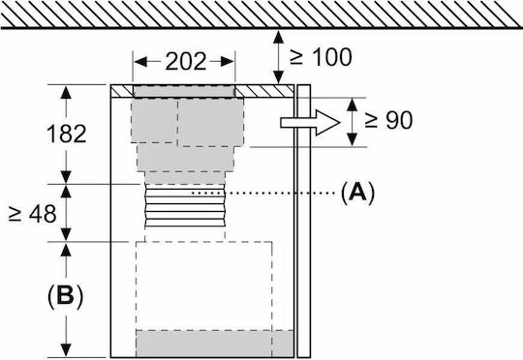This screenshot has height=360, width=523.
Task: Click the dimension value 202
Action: (185, 62)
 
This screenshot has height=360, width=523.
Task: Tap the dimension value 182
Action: (67, 134)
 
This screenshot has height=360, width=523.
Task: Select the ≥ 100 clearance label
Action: (321, 57)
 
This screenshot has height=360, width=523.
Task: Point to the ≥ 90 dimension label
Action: (388, 120)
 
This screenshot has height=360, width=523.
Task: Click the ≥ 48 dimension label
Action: (33, 214)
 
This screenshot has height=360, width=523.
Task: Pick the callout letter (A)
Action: (357, 193)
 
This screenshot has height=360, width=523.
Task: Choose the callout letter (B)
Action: (65, 295)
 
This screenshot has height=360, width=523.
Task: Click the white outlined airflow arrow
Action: (310, 123)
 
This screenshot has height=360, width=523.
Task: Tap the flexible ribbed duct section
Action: (185, 206)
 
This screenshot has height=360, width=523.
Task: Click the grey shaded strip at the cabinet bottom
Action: (215, 344)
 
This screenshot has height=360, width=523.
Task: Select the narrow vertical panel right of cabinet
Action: (304, 221)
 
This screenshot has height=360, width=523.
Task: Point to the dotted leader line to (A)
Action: (263, 193)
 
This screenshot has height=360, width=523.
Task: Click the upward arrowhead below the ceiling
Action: (279, 37)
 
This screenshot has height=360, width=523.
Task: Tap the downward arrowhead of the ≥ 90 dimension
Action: (353, 139)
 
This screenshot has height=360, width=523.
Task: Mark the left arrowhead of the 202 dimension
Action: (140, 62)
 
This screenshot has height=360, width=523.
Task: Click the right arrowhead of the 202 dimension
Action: (229, 62)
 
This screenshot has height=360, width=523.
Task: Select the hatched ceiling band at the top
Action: (261, 14)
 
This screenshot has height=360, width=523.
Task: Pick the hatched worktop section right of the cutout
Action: (264, 91)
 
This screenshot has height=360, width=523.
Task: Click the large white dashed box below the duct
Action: (203, 286)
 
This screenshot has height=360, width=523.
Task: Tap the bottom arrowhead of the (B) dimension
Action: (66, 350)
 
